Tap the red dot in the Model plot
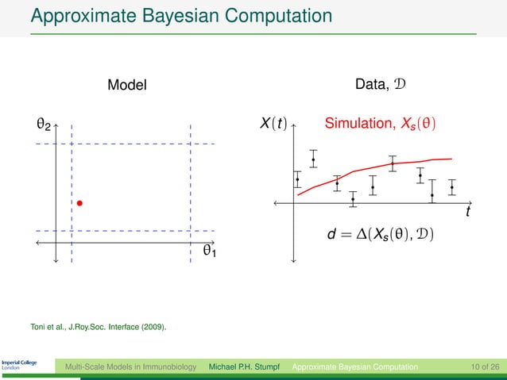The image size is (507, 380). [x=80, y=204]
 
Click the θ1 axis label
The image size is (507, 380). [x=210, y=251]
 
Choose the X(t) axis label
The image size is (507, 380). [x=273, y=125]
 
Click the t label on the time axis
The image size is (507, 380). [x=468, y=213]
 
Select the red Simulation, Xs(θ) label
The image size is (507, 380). [x=381, y=125]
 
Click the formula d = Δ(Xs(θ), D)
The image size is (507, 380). [x=381, y=235]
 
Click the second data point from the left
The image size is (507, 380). [x=313, y=160]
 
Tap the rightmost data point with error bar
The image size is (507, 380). [x=452, y=187]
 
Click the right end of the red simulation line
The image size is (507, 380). [x=451, y=158]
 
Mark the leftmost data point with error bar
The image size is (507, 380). [x=297, y=179]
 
